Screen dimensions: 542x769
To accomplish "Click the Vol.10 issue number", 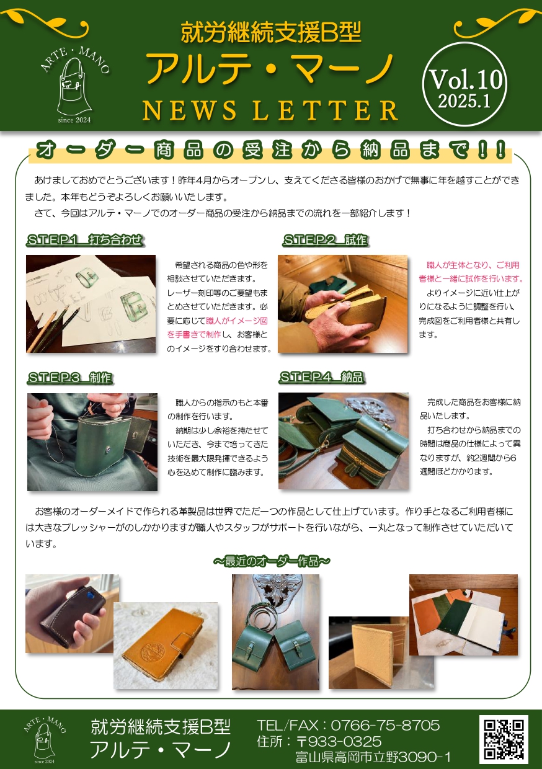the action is (466, 79).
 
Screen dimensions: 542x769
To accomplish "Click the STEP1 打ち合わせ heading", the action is (85, 239).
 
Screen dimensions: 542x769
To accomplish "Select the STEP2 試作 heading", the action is (325, 239).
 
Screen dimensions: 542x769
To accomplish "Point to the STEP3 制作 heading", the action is (70, 378).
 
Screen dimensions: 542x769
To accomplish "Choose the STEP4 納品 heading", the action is (322, 377).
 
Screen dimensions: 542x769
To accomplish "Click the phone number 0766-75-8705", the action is (385, 726).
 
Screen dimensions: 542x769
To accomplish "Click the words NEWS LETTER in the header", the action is (270, 110).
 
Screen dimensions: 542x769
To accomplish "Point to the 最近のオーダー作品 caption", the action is (272, 561).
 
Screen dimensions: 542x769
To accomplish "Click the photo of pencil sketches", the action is (91, 304).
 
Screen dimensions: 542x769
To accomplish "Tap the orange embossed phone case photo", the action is (166, 646).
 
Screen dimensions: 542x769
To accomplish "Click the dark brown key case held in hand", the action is (73, 613).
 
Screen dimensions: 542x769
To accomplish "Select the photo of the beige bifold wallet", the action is (381, 652).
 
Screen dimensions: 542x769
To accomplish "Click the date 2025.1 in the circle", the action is (464, 101).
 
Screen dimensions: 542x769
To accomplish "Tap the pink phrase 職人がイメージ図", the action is (237, 321).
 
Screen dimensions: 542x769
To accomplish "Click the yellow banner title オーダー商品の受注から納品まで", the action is (270, 150).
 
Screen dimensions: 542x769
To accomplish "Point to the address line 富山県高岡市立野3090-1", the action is (373, 757).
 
